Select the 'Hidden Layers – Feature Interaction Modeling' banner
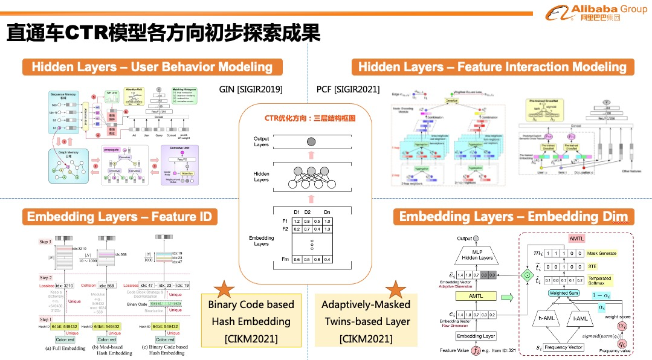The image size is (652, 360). tap(492, 66)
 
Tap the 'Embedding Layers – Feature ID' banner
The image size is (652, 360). tap(120, 216)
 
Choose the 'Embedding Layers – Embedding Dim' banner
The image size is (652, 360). tap(513, 216)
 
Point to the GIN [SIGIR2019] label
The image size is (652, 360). tap(251, 89)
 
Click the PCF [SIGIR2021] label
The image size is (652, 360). tap(348, 89)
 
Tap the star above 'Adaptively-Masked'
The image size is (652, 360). tap(396, 289)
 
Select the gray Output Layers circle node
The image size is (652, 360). tap(310, 142)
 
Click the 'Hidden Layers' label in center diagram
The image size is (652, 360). tap(261, 176)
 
